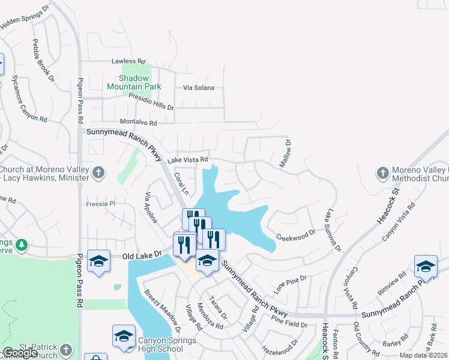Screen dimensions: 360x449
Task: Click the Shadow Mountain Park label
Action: click(x=134, y=82)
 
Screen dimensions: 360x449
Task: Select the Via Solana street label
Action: click(x=199, y=88)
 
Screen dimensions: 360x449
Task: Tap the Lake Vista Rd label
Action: click(x=187, y=160)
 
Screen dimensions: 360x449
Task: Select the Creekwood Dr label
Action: click(x=295, y=233)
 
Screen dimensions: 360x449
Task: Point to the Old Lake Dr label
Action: click(x=142, y=256)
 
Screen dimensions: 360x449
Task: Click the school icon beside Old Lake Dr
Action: click(x=98, y=261)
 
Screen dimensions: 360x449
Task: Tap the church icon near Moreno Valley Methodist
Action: click(x=382, y=173)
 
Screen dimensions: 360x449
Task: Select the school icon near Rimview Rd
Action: click(x=426, y=266)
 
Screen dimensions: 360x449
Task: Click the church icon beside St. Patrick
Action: click(x=66, y=349)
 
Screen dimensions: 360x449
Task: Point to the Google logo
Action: click(x=20, y=353)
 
